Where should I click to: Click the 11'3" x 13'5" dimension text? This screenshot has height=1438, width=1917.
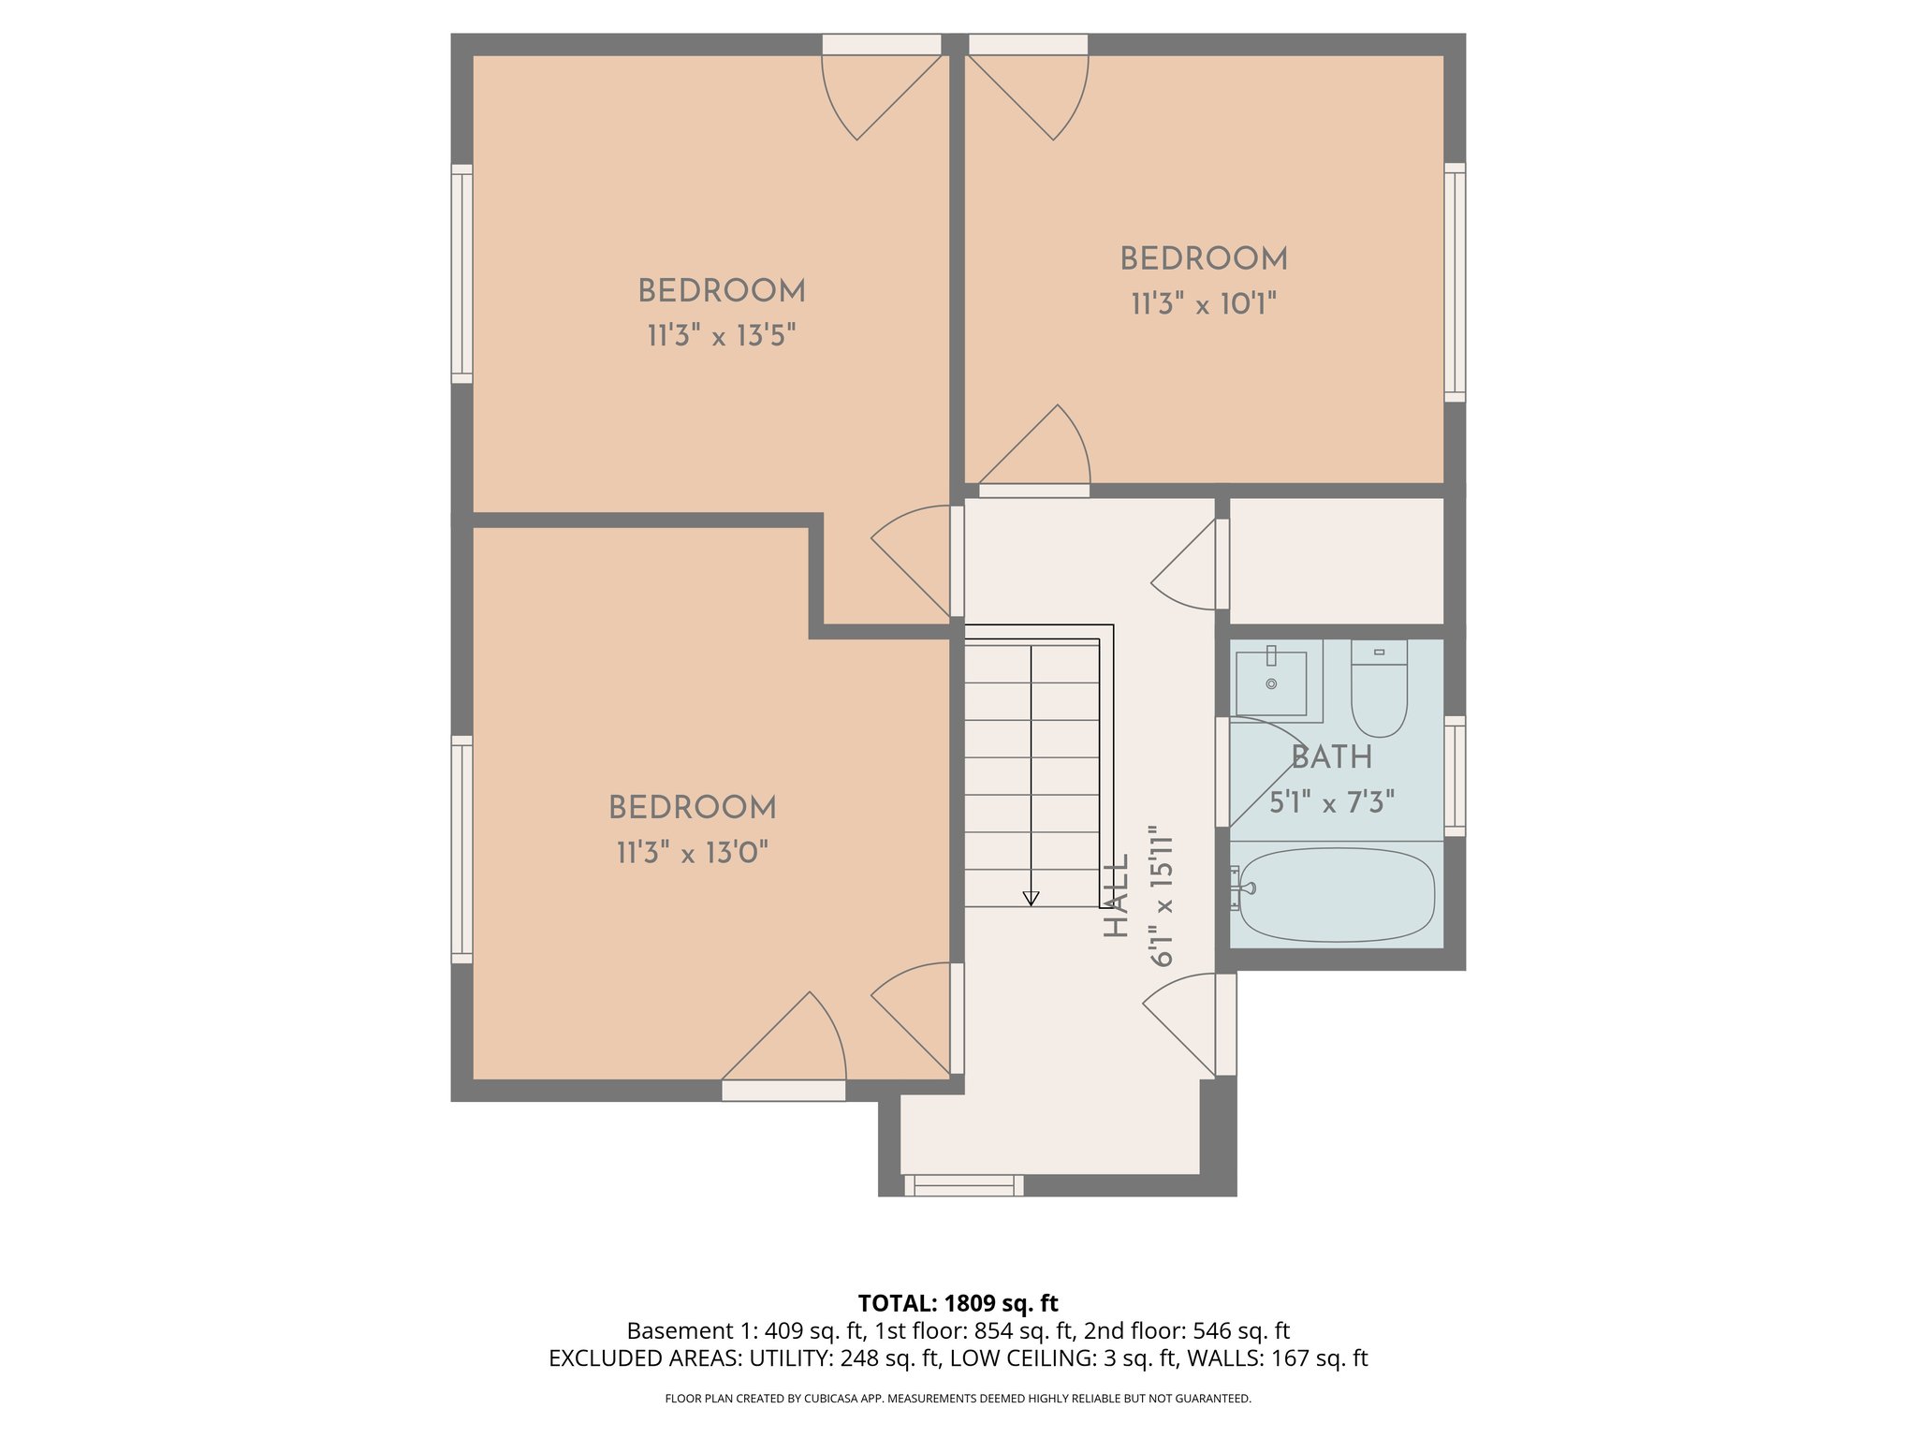[x=721, y=336]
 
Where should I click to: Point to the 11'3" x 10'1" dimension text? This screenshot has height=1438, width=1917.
[x=1204, y=304]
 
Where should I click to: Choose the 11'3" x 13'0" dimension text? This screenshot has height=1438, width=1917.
[x=692, y=853]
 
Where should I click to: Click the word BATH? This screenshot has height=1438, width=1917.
[x=1331, y=757]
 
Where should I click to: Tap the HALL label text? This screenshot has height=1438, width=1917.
[x=1116, y=896]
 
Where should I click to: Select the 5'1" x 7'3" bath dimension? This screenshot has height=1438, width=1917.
[x=1331, y=802]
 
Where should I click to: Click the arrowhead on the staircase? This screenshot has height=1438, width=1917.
[x=1031, y=899]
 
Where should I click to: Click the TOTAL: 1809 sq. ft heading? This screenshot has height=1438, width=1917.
[x=958, y=1303]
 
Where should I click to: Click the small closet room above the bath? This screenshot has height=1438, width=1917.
[x=1336, y=560]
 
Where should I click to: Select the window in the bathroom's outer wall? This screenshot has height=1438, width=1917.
[x=1454, y=775]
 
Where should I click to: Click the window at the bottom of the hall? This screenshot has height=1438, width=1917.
[x=964, y=1185]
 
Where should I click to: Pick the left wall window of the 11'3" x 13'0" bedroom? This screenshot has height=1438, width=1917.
[x=461, y=849]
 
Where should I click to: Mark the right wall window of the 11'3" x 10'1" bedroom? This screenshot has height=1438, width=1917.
[x=1454, y=282]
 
